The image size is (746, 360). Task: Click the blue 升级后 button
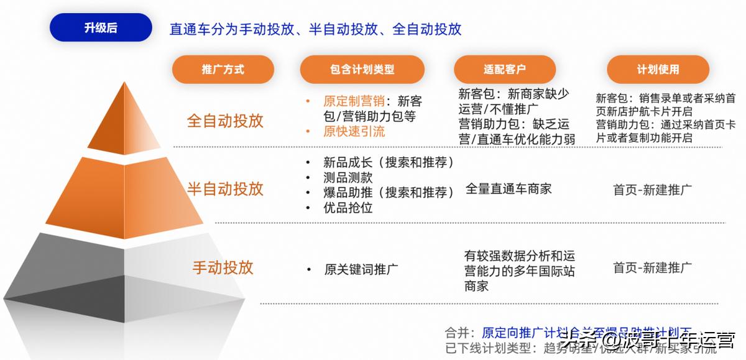(101, 28)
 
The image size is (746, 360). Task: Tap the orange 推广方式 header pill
(223, 70)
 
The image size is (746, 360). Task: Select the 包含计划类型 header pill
(362, 70)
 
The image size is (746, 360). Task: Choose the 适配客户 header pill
(504, 70)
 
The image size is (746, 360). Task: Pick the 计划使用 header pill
(658, 70)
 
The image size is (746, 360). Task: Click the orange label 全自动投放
(225, 121)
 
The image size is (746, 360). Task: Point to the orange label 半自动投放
(225, 188)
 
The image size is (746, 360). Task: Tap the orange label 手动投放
(223, 267)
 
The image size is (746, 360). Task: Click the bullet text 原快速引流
(354, 131)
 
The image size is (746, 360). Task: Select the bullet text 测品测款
(348, 178)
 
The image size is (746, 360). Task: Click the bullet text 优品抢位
(348, 208)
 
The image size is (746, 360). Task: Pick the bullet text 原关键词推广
(361, 269)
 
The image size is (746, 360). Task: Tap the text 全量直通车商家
(509, 189)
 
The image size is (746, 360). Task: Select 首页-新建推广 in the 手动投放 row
(652, 268)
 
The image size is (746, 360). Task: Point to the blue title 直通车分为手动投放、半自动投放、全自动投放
(315, 29)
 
